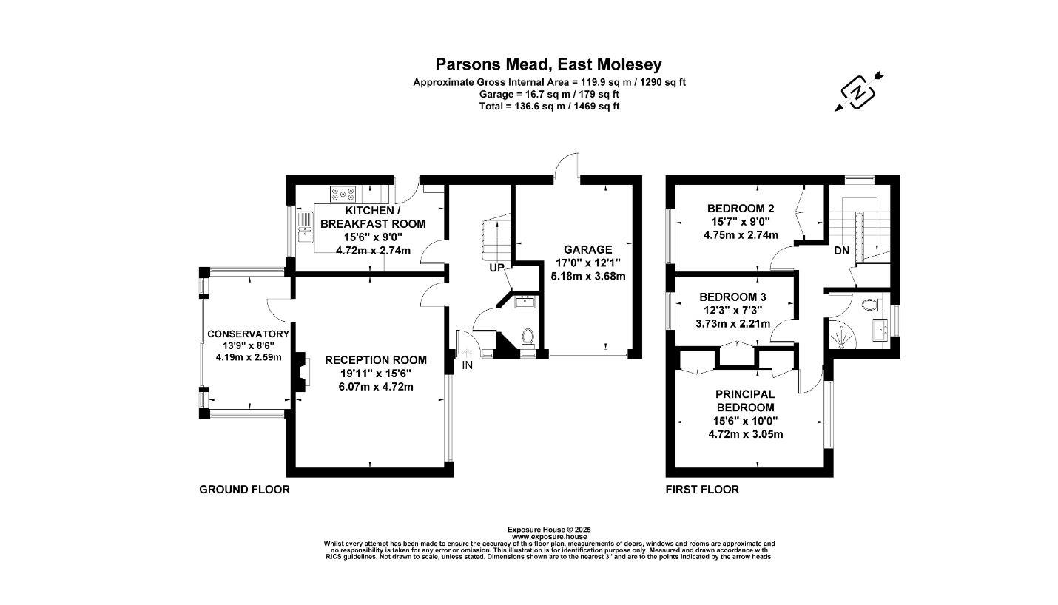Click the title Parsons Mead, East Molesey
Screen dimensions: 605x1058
(548, 64)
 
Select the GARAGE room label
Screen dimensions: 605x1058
(588, 250)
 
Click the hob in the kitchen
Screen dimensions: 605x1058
(343, 195)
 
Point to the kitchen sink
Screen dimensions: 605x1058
(305, 227)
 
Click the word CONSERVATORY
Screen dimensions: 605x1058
(248, 334)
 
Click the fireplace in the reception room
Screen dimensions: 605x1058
(300, 372)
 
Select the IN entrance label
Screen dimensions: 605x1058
(468, 365)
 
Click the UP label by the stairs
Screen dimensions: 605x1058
(496, 268)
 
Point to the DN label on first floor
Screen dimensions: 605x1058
(841, 251)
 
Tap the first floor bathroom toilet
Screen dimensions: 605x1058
(869, 303)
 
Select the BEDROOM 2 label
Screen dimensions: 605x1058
(741, 208)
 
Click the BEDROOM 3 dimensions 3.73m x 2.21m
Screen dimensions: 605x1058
(735, 323)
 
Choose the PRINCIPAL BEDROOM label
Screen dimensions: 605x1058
(745, 401)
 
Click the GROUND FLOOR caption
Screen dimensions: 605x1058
(244, 490)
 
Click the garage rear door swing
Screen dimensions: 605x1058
(567, 166)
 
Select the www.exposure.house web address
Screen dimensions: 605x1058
(548, 536)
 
